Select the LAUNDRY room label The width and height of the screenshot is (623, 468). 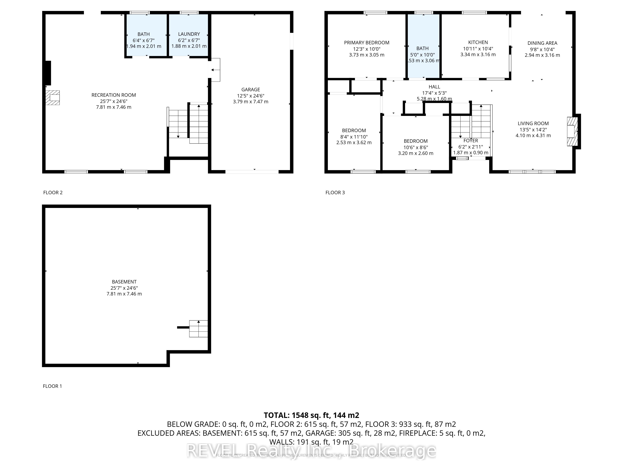click(189, 34)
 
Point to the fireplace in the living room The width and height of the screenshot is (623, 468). click(572, 132)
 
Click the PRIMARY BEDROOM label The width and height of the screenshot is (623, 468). click(366, 43)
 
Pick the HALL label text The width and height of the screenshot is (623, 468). click(434, 87)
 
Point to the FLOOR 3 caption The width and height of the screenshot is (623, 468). click(335, 193)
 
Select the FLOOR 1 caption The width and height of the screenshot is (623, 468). click(52, 386)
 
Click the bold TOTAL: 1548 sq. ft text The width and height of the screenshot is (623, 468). click(311, 415)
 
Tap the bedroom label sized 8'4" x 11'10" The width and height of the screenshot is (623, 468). click(354, 131)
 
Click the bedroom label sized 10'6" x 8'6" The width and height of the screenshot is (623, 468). click(415, 141)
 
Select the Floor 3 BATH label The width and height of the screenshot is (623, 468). click(422, 49)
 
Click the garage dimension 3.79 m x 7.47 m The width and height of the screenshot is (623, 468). click(250, 102)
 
